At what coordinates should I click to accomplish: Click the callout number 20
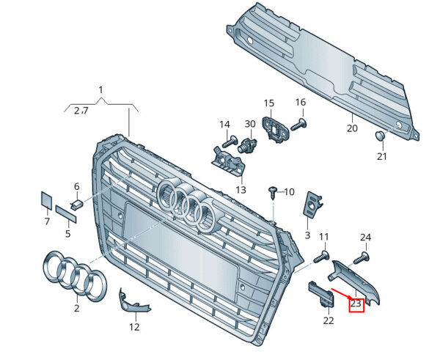point(352,128)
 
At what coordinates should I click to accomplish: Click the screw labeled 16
point(298,125)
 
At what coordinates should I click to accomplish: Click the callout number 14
point(224,124)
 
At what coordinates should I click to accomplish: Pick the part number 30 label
point(250,124)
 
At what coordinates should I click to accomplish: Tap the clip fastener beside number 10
point(274,192)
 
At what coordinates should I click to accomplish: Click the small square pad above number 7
point(45,201)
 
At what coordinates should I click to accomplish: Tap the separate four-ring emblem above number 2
point(75,276)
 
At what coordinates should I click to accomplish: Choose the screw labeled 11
point(320,257)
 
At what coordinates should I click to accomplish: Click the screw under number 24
point(361,257)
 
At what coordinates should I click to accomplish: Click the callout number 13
point(241,190)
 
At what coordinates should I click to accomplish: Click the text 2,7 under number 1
point(81,111)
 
